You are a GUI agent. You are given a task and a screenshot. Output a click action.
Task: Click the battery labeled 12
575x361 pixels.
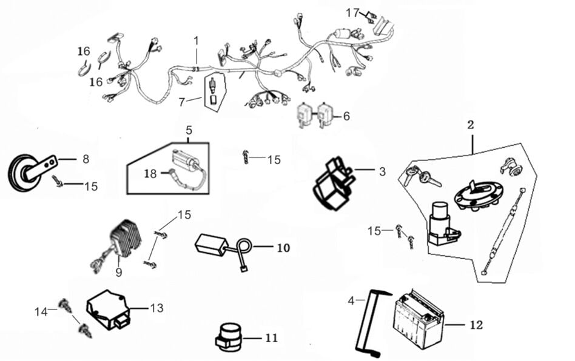419,319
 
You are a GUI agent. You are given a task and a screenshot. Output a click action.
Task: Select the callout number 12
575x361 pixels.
476,325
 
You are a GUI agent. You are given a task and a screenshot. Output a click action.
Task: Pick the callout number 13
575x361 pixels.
156,308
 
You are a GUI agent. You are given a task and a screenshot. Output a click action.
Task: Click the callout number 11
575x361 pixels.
271,337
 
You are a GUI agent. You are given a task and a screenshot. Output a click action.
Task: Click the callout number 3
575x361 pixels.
382,171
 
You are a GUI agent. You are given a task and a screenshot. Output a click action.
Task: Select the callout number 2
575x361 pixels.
470,125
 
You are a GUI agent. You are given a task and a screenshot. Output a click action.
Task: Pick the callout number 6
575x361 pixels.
346,116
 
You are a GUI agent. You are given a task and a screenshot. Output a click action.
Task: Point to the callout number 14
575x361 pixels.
41,311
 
